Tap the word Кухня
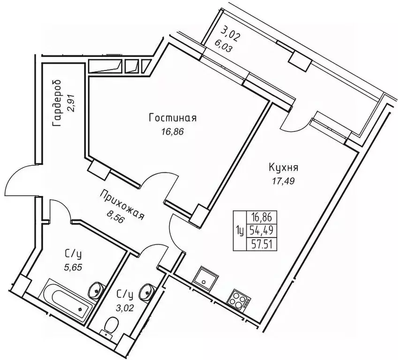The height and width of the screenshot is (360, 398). pos(284,167)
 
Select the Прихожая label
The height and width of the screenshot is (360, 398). pos(121,203)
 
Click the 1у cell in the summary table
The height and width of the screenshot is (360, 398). pos(240,230)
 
